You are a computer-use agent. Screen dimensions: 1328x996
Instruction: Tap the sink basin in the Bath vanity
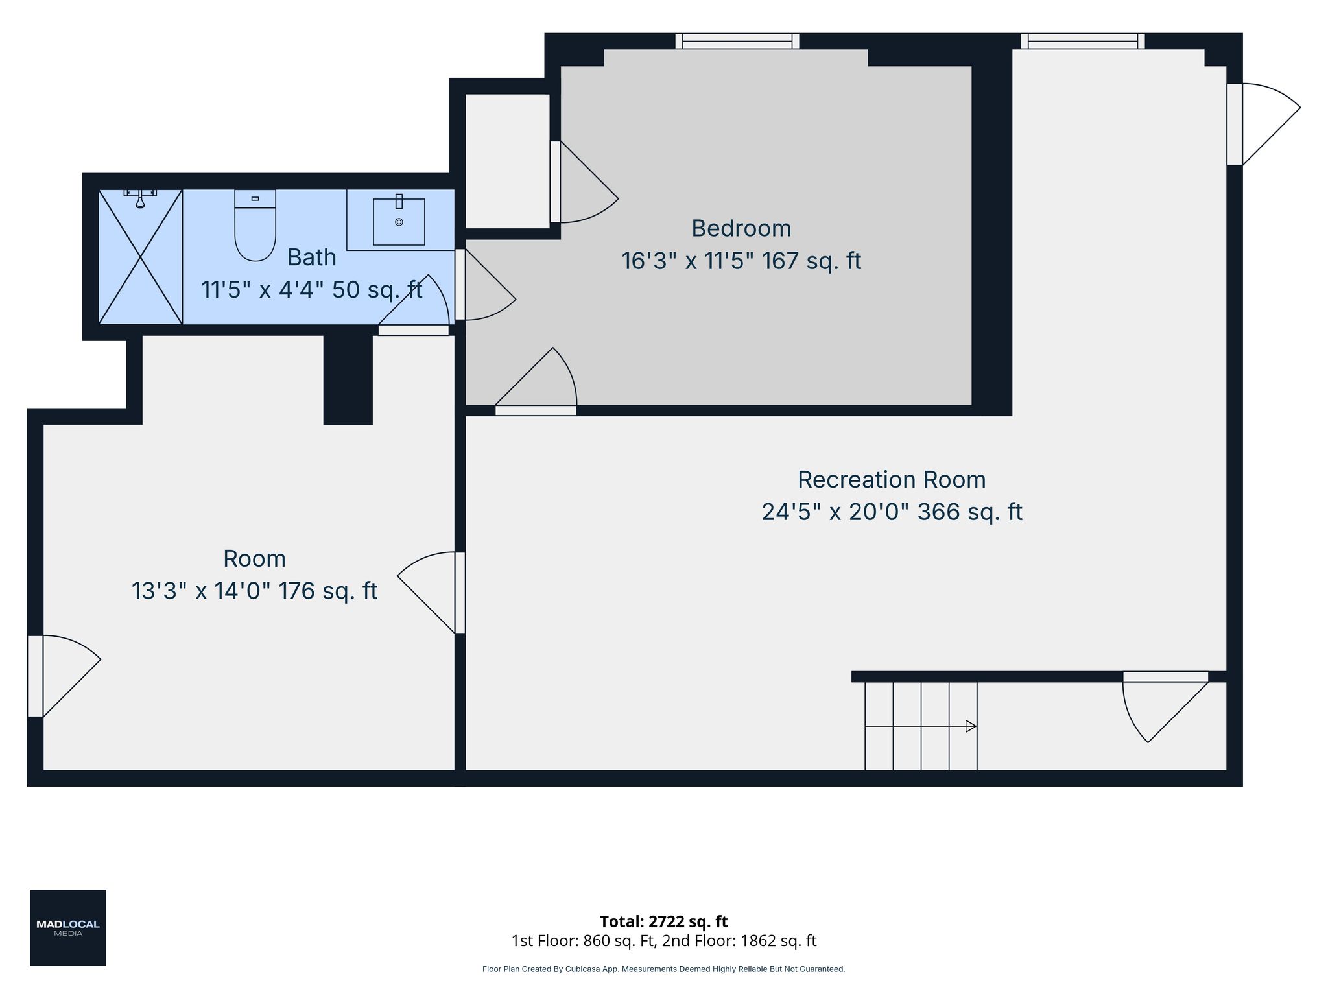point(399,222)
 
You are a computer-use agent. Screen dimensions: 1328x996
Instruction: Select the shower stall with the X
point(140,256)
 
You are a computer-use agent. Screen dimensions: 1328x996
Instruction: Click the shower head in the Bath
point(140,198)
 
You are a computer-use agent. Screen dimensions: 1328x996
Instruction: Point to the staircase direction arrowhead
point(971,726)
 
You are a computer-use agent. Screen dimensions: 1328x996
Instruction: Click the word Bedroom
point(741,228)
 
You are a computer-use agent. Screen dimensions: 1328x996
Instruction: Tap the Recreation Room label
point(892,480)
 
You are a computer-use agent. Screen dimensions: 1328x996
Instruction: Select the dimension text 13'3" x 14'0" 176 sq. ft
point(254,591)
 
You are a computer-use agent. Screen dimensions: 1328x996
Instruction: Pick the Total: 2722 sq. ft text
point(663,921)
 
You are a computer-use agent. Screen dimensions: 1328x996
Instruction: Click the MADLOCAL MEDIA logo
point(68,928)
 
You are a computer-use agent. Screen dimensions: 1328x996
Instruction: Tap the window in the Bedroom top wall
point(737,41)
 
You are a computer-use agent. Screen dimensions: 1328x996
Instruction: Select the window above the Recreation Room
point(1083,41)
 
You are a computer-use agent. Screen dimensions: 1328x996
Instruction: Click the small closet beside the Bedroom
point(508,161)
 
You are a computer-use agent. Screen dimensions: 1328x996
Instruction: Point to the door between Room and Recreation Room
point(431,593)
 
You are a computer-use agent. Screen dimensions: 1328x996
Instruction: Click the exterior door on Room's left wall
point(64,676)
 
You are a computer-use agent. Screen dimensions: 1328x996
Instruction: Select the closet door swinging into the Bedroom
point(584,182)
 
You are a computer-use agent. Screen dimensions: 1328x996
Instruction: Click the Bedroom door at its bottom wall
point(536,381)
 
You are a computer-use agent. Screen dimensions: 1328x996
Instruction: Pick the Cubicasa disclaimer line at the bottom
point(663,969)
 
